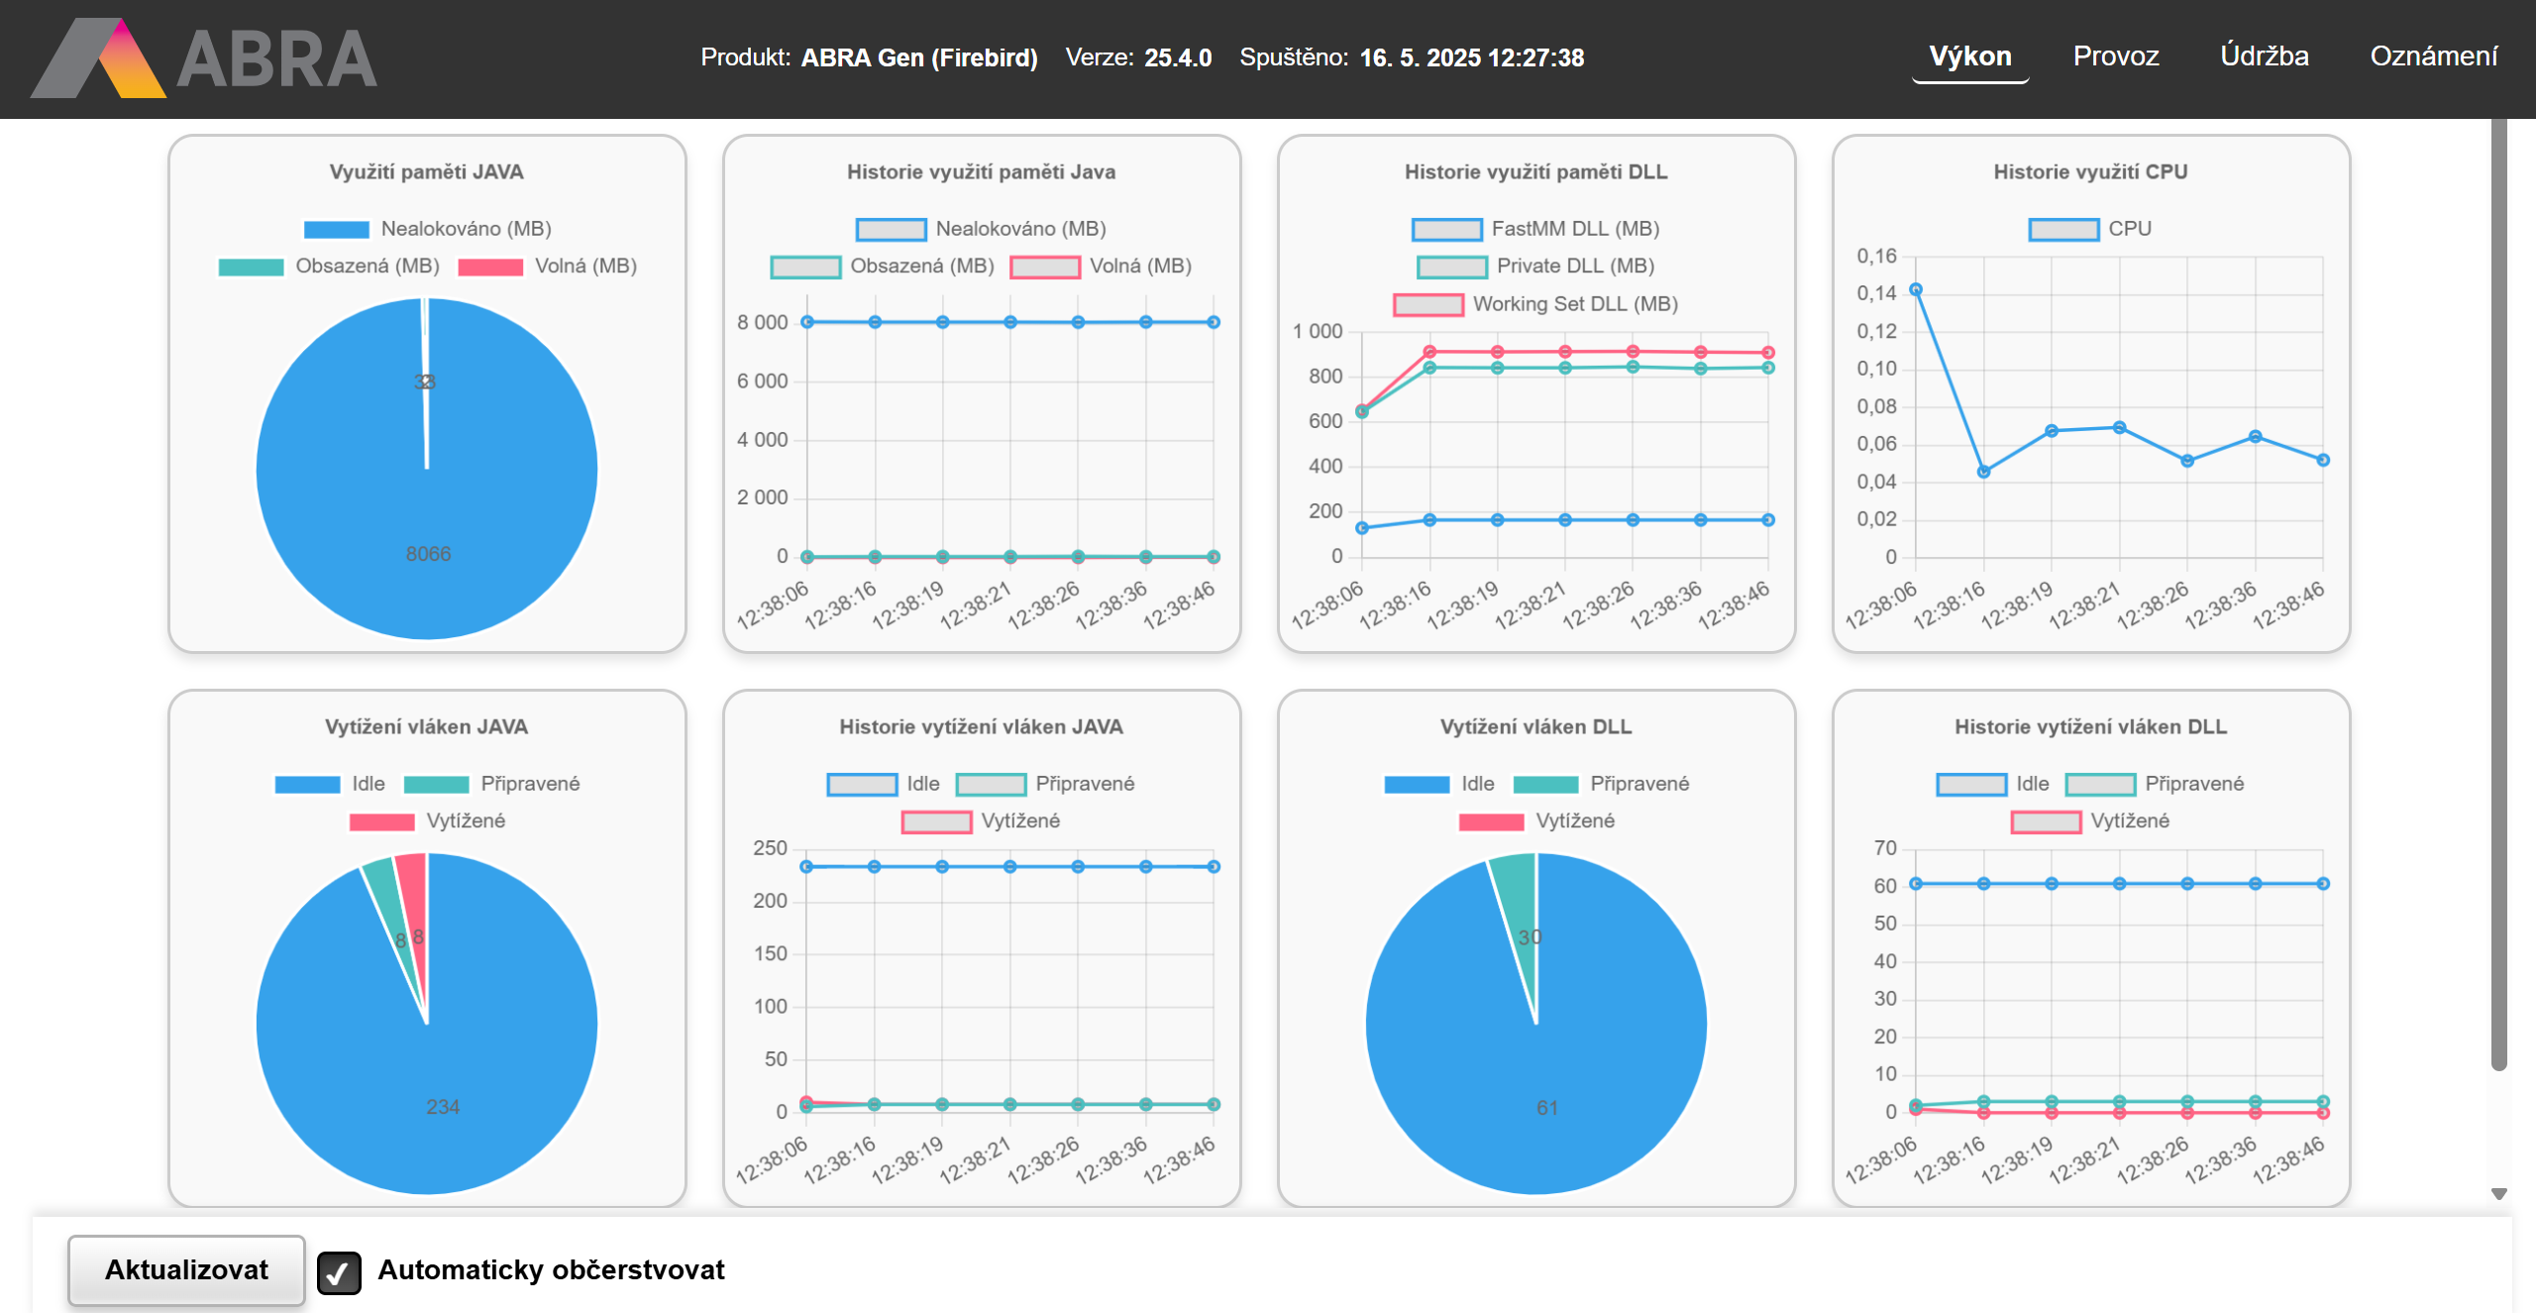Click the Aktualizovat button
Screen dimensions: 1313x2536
pos(186,1269)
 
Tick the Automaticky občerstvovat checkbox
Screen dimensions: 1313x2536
pos(339,1272)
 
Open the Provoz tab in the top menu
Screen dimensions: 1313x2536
pos(2115,56)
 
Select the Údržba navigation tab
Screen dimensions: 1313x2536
pos(2264,56)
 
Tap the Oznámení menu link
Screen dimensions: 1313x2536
pos(2433,56)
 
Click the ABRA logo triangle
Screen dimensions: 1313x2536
pos(99,59)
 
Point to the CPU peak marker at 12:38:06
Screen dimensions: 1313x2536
pos(1916,290)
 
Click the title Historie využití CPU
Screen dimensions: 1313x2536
pos(2090,171)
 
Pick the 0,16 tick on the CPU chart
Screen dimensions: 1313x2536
pos(1876,257)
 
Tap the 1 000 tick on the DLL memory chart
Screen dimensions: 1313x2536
pos(1318,332)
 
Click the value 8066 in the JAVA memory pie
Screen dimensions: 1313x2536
pos(428,554)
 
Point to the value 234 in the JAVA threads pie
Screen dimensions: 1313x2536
pos(443,1107)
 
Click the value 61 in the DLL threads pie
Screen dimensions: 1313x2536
pos(1547,1108)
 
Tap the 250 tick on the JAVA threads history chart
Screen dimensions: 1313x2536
pos(770,848)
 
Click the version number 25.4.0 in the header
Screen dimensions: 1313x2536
pos(1178,57)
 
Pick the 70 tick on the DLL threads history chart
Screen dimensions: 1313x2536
pos(1884,848)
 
